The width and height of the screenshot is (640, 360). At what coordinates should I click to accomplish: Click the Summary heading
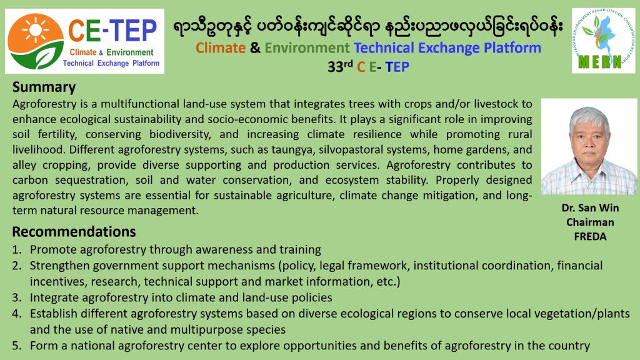point(44,87)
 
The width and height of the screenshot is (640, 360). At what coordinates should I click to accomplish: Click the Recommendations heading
point(74,232)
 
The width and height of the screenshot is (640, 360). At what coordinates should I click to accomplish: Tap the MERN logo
point(603,41)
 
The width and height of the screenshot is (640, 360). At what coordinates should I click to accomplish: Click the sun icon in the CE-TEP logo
point(35,29)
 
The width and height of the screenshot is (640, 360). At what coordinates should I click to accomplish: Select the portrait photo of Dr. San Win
point(589,146)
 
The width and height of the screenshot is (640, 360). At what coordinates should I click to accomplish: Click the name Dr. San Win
point(590,207)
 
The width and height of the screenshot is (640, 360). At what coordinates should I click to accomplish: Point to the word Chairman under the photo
point(590,222)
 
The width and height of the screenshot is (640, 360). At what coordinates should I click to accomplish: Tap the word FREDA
point(590,236)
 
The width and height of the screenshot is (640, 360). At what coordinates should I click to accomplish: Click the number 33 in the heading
point(335,67)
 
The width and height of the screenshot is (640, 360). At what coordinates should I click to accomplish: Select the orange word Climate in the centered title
point(221,47)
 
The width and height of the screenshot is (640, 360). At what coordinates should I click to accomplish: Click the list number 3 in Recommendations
point(16,297)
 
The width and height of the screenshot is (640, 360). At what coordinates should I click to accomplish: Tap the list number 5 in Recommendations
point(16,346)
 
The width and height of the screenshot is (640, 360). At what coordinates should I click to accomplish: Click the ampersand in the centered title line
point(255,47)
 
